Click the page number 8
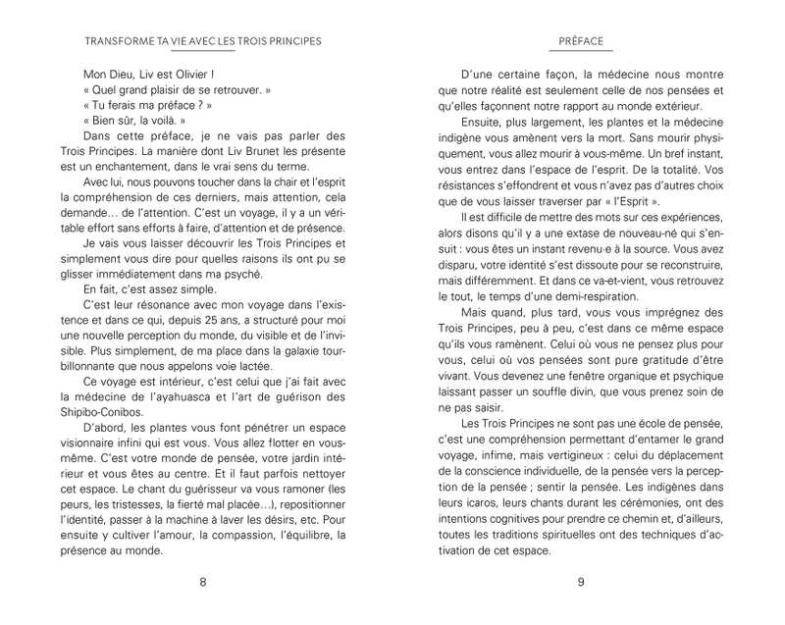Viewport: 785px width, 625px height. tap(203, 582)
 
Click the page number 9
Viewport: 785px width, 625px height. tap(581, 582)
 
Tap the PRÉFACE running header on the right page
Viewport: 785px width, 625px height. tap(581, 42)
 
